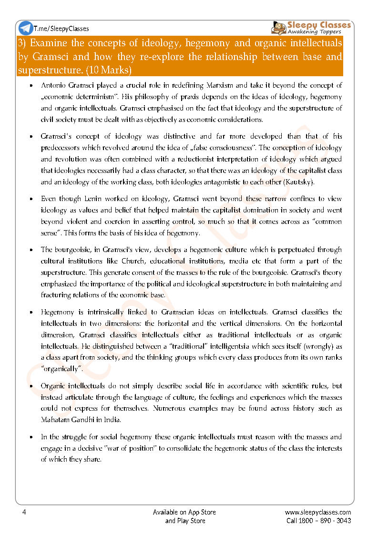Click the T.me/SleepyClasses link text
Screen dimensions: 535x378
tap(61, 29)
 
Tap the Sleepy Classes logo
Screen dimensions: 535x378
tap(311, 27)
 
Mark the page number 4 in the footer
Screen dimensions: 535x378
tap(24, 512)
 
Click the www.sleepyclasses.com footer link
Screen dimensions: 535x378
tap(318, 512)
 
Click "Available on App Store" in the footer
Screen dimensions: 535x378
tap(184, 512)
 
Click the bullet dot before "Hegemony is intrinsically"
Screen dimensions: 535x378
tap(31, 313)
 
